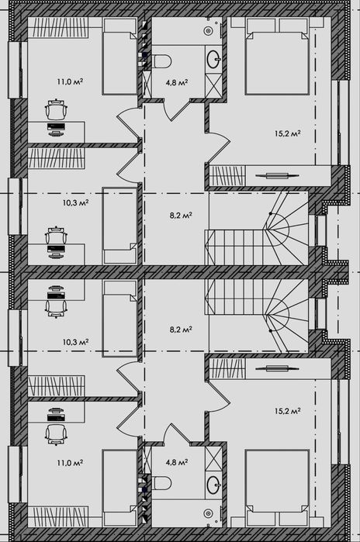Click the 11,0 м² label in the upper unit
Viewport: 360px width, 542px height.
click(x=70, y=82)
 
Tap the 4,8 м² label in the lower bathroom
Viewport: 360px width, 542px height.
click(x=177, y=462)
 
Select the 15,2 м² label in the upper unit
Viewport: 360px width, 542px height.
click(x=287, y=133)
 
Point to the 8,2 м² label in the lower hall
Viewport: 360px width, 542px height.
click(x=181, y=330)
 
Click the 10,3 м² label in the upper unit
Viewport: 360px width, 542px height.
click(x=75, y=202)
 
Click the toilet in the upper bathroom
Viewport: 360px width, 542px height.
click(x=161, y=61)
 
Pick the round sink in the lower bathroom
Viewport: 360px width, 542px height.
click(x=213, y=485)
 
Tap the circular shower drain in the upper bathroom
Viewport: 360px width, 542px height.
click(x=208, y=31)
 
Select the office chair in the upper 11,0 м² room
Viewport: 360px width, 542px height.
click(x=55, y=109)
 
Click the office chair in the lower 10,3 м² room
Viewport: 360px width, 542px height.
click(x=56, y=306)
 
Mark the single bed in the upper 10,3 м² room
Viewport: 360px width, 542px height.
click(x=120, y=226)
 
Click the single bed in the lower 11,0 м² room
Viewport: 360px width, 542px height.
click(x=120, y=488)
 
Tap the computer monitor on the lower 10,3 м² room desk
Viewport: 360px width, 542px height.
click(x=56, y=295)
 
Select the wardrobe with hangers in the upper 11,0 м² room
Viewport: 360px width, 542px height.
click(x=57, y=27)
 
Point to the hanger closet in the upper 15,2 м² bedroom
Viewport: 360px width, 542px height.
click(x=227, y=176)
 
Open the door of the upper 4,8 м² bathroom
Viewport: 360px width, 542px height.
click(x=180, y=109)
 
